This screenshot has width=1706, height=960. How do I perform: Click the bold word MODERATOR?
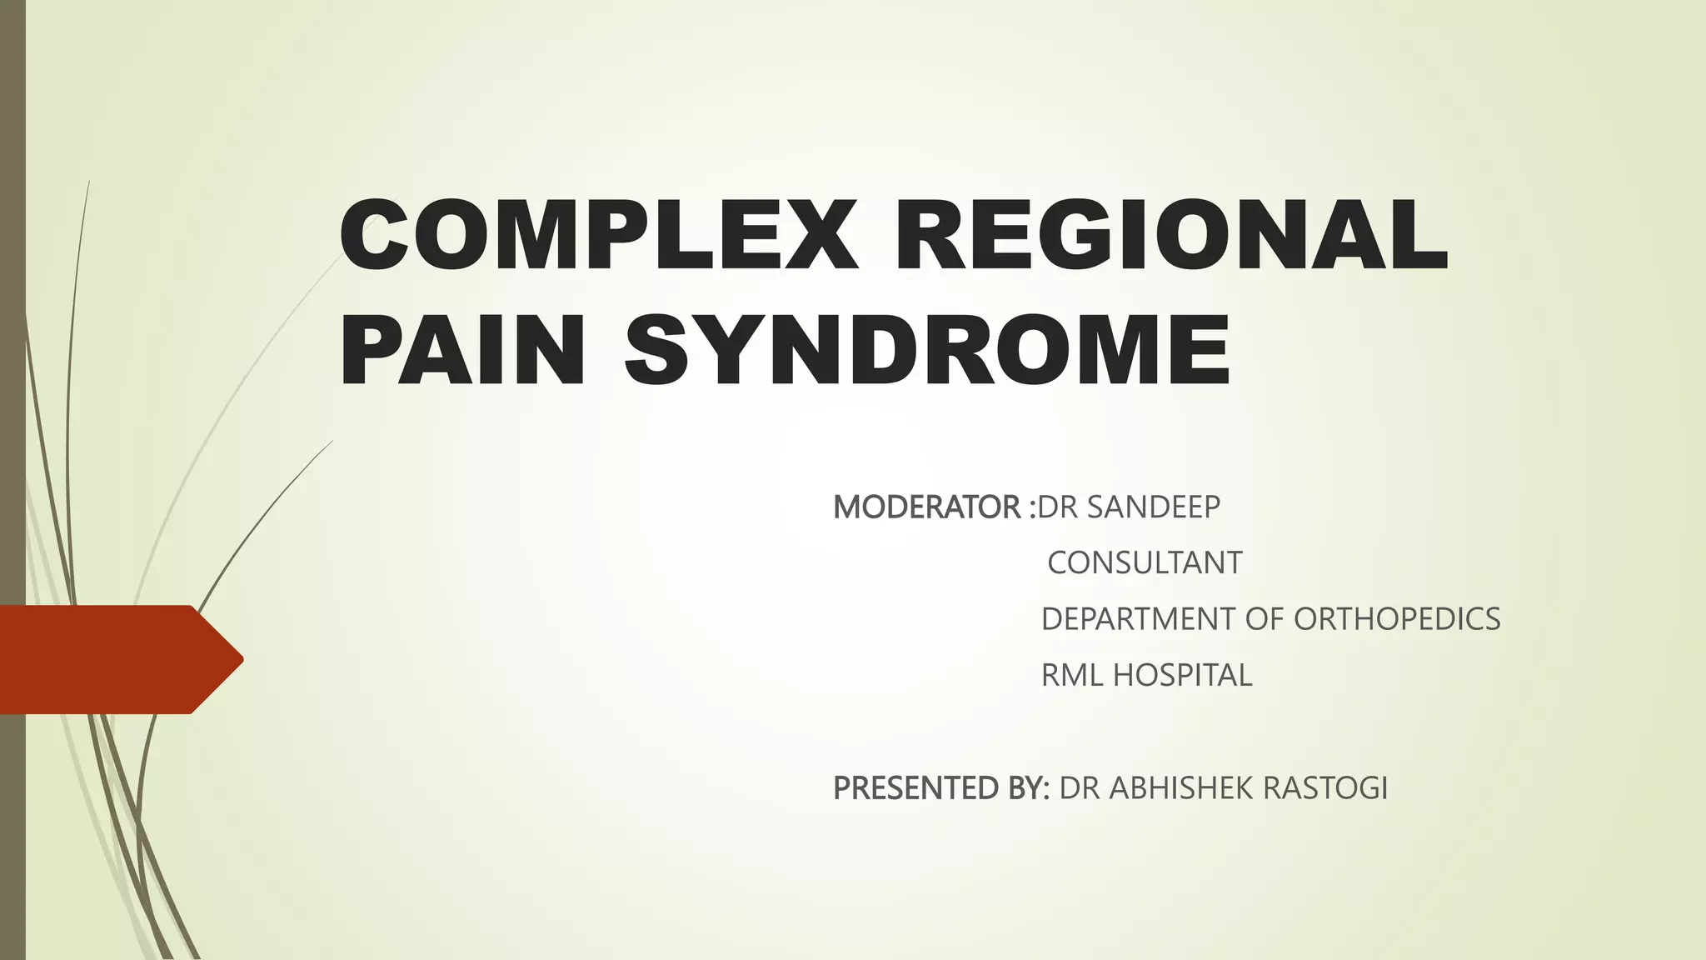[926, 507]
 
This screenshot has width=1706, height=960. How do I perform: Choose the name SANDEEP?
[1154, 507]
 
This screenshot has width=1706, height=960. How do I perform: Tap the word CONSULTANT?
[1145, 563]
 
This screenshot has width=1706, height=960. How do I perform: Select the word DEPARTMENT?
[1138, 619]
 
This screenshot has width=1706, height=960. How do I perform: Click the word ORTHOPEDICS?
[1397, 619]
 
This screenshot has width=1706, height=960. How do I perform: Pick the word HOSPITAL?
[1183, 675]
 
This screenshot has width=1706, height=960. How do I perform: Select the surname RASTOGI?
[1325, 787]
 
